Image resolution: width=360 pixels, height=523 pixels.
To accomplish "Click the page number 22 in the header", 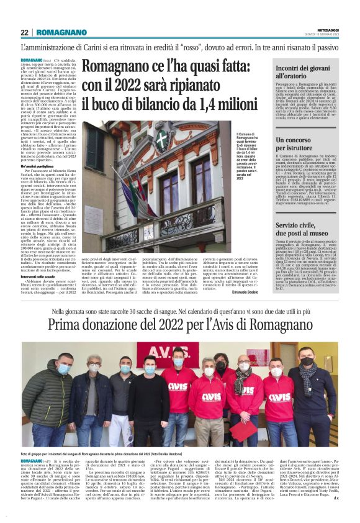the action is (x=24, y=32).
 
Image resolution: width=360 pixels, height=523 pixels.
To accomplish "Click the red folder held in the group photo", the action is (x=239, y=429).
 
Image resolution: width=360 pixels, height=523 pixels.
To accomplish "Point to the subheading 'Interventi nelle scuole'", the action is (x=42, y=260).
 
